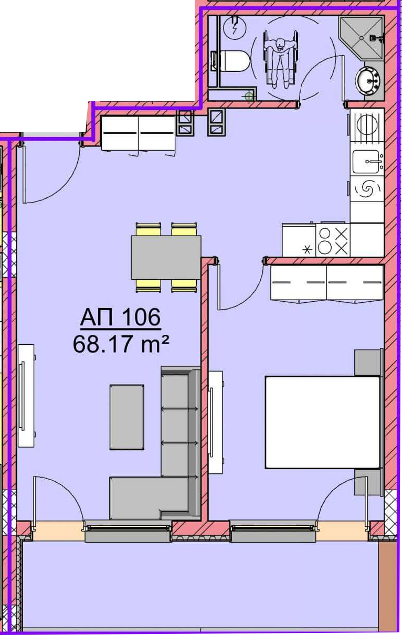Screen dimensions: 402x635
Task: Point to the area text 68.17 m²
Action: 121,344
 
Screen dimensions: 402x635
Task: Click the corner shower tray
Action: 362,38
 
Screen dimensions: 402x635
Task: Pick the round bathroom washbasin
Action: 368,80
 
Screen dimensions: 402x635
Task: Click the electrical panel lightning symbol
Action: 235,27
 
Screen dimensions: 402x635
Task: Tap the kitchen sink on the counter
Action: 367,162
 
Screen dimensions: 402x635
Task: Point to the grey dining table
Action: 166,257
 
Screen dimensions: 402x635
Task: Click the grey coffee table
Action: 126,417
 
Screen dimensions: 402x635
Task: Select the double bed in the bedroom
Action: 322,422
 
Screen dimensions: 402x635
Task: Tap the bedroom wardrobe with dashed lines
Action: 327,283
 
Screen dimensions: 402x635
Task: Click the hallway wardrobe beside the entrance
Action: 139,134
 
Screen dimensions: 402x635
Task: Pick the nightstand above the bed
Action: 368,363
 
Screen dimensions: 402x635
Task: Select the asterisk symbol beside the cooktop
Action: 306,250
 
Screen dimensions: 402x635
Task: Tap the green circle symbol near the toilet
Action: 249,97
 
